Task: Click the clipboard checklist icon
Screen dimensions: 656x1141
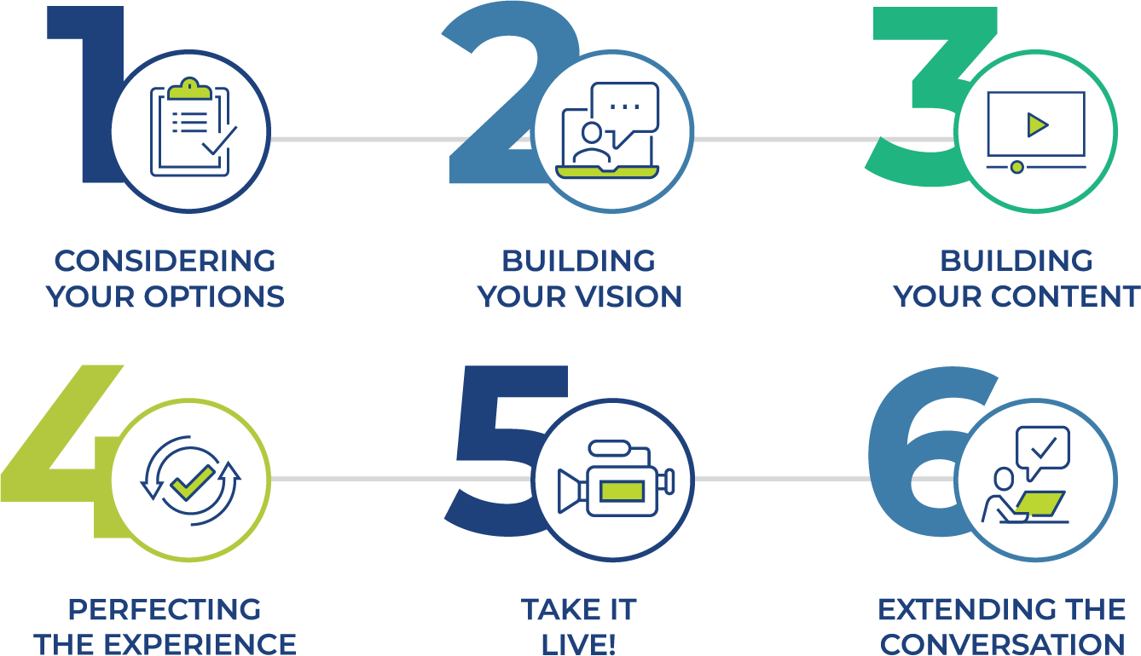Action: tap(192, 128)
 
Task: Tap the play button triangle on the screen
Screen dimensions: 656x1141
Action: tap(1037, 125)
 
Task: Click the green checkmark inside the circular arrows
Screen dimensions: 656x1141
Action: tap(192, 482)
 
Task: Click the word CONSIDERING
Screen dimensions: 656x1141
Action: tap(165, 260)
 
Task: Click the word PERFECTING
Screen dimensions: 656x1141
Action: tap(165, 610)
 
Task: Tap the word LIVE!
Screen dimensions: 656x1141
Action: tap(578, 644)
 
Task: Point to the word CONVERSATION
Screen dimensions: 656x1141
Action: tap(1003, 644)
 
